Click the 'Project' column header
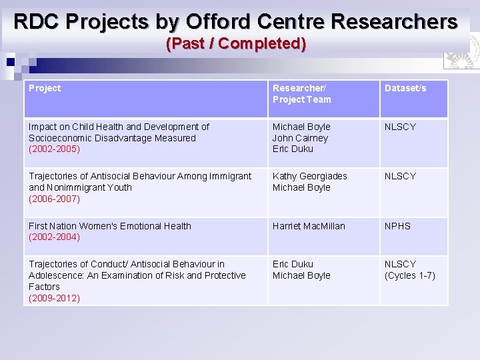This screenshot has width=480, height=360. tap(45, 88)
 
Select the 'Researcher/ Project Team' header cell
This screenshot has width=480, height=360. tap(301, 94)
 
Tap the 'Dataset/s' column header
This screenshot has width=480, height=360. tap(405, 88)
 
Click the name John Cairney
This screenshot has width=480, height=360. tap(300, 138)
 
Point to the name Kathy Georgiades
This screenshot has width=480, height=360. tap(309, 176)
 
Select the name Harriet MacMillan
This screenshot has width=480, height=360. tap(309, 226)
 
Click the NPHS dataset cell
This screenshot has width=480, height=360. tap(397, 226)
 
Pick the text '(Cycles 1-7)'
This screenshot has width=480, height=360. tap(410, 275)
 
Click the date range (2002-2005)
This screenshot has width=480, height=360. tap(54, 149)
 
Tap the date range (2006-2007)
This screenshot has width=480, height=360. tap(54, 199)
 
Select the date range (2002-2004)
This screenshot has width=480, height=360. tap(54, 237)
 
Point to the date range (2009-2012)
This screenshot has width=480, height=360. tap(54, 298)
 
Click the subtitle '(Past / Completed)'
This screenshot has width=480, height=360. tap(236, 44)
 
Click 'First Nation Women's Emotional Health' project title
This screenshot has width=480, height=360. tap(110, 226)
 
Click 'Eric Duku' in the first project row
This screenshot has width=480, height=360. tap(293, 149)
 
